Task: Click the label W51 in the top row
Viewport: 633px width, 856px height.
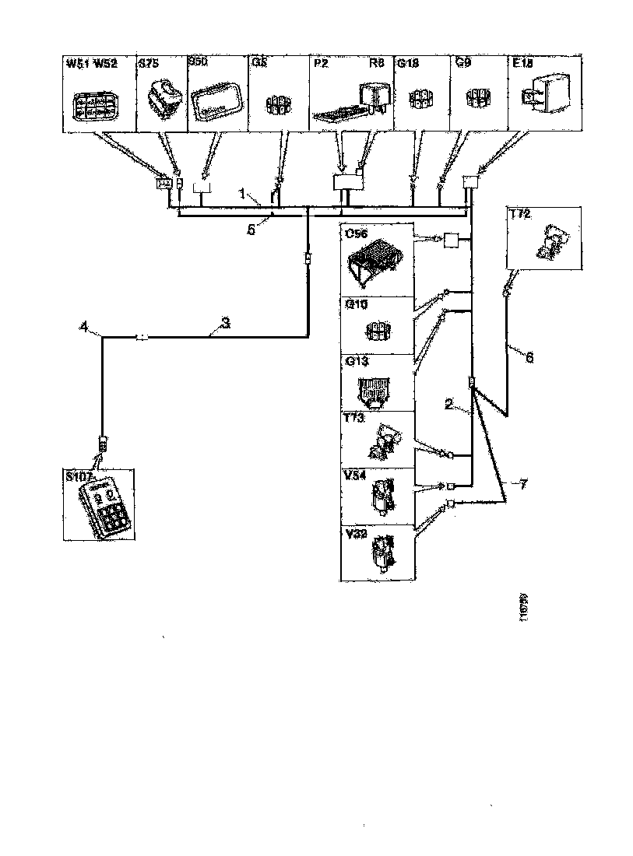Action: coord(77,64)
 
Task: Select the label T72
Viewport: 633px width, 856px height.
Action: coord(522,214)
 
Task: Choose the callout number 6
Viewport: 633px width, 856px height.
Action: coord(529,357)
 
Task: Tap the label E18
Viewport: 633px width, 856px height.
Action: coord(522,64)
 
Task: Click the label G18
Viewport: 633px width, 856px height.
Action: coord(407,64)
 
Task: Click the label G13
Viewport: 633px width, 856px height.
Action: coord(355,361)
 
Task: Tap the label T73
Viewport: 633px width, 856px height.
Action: coord(354,419)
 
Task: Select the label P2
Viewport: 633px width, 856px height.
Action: coord(318,64)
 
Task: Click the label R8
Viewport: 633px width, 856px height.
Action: coord(379,64)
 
